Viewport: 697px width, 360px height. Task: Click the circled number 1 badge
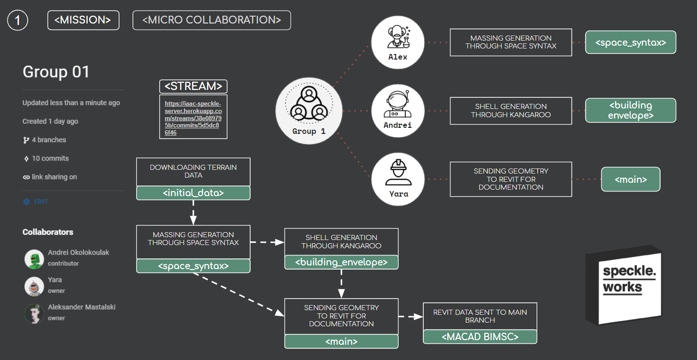[x=18, y=20]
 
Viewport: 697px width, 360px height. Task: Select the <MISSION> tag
[x=83, y=20]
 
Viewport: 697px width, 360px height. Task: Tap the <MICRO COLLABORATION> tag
[x=211, y=20]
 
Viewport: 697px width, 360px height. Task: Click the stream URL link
[x=193, y=118]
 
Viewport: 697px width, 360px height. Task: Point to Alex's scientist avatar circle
[x=397, y=43]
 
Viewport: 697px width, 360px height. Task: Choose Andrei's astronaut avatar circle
[x=397, y=111]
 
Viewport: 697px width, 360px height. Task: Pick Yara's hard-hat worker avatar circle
[x=397, y=179]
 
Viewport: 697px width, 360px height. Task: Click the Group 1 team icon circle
[x=308, y=111]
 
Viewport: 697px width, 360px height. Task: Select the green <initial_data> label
[x=193, y=193]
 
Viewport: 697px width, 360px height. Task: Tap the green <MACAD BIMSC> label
[x=480, y=337]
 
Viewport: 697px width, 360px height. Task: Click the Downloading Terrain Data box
[x=193, y=171]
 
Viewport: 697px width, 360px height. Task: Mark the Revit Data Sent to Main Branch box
[x=480, y=316]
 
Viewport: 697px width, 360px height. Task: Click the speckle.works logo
[x=624, y=284]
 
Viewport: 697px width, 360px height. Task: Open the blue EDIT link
[x=41, y=202]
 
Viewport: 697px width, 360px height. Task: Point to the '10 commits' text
[x=50, y=158]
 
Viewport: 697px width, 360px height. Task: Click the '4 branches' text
[x=48, y=140]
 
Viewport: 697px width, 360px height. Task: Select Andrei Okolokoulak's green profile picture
[x=34, y=259]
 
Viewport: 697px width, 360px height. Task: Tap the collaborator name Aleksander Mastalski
[x=81, y=307]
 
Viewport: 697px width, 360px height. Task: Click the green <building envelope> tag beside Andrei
[x=631, y=110]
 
